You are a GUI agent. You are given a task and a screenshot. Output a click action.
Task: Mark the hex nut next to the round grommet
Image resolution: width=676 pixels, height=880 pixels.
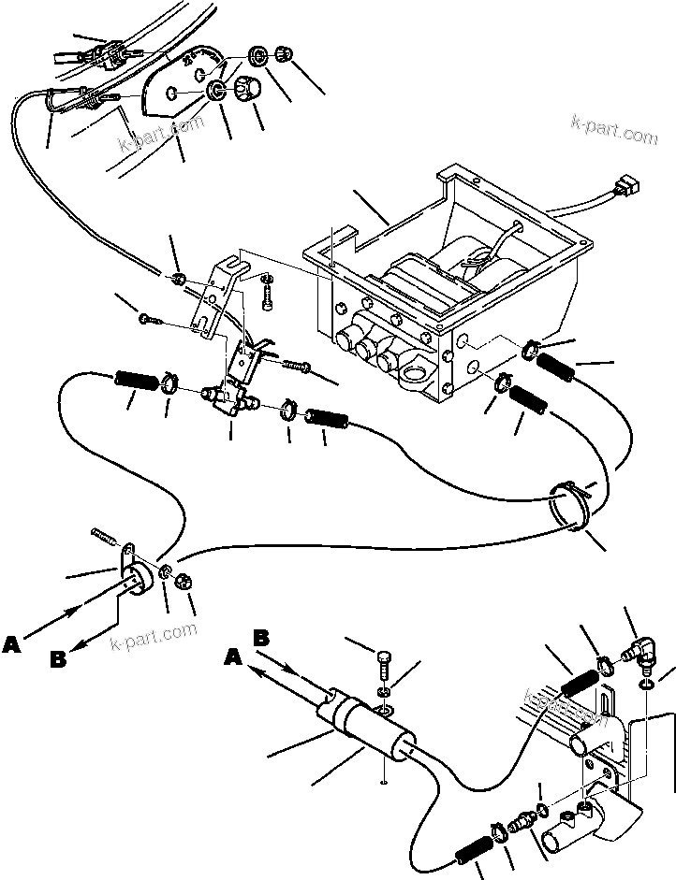click(184, 580)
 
